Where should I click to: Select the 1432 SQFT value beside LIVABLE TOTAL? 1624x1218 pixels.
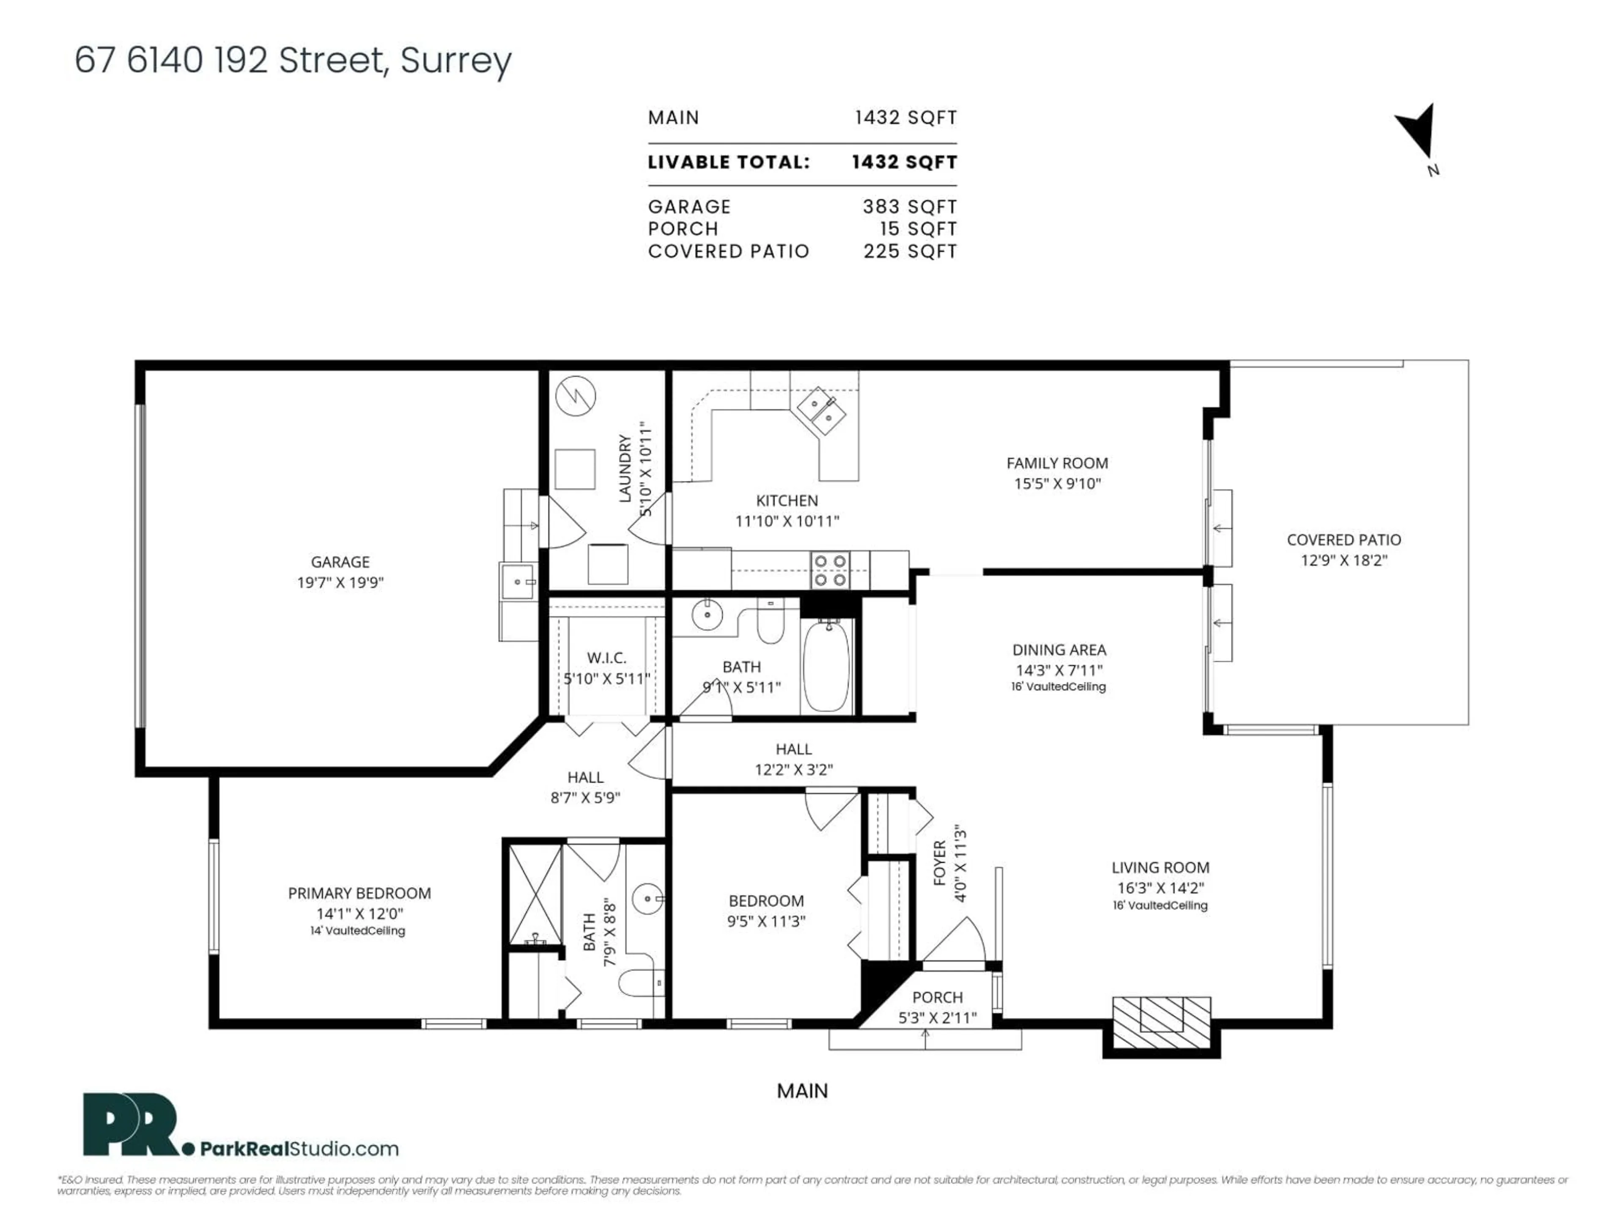point(905,162)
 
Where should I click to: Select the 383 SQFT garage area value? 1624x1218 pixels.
point(911,207)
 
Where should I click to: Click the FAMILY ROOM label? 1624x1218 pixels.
point(1057,463)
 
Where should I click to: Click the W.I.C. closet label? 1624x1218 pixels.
point(606,658)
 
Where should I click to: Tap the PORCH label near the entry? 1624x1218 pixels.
point(938,997)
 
